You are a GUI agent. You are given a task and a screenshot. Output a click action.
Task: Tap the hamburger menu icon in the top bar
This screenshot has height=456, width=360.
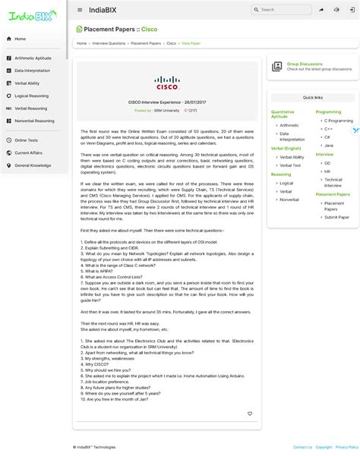[x=80, y=10]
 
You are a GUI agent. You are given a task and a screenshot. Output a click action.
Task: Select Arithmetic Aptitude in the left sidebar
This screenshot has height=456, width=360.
[x=33, y=58]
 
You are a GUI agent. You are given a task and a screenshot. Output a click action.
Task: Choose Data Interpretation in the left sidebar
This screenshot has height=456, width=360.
[x=33, y=71]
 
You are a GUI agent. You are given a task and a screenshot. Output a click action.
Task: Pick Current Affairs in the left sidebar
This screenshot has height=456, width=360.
[x=28, y=153]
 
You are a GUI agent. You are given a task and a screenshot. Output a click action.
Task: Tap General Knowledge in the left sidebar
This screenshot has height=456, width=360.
[x=33, y=165]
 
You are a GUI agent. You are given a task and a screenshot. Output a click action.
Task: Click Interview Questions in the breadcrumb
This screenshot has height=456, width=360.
[x=109, y=43]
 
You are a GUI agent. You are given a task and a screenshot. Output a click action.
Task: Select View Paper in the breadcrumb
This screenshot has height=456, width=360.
[x=191, y=43]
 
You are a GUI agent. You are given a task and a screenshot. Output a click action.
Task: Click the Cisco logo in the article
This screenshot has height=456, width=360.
[x=166, y=82]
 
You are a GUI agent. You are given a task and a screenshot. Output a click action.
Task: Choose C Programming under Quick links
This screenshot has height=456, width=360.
[x=338, y=120]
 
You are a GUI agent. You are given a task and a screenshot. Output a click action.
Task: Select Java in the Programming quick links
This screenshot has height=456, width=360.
[x=328, y=145]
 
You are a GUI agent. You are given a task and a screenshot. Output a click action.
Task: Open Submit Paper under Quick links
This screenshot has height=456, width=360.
[x=337, y=217]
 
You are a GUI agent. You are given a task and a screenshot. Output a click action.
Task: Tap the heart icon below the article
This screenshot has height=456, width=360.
[x=250, y=414]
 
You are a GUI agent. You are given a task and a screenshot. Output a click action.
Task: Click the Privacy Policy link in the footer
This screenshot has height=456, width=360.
[x=347, y=447]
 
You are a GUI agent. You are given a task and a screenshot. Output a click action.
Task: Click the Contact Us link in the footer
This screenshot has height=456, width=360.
[x=302, y=447]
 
